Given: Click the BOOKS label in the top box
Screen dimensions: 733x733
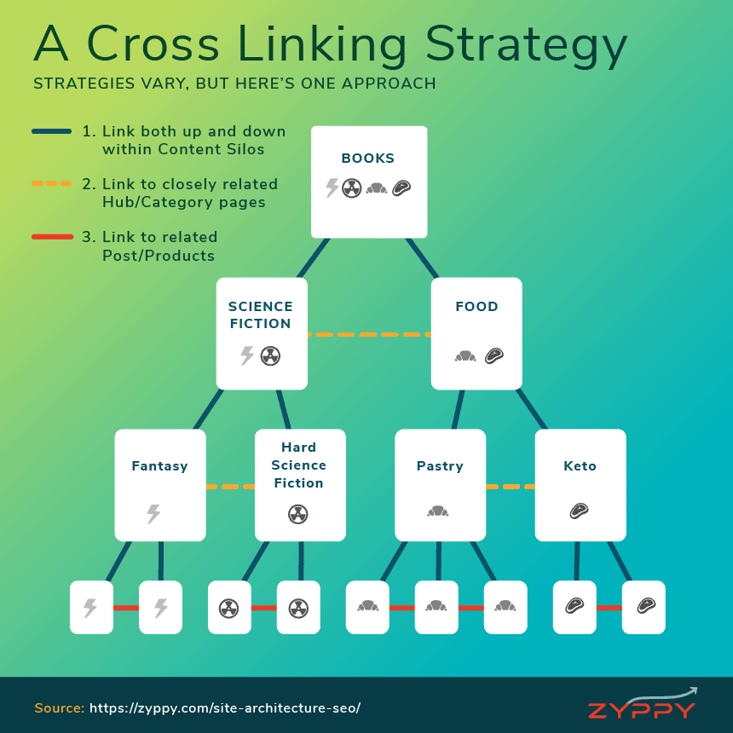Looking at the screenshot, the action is tap(368, 158).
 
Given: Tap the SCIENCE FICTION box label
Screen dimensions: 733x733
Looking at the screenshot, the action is tap(260, 315).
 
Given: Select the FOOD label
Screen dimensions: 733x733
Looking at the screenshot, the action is tap(476, 306).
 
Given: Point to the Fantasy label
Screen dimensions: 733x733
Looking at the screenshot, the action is tap(160, 465).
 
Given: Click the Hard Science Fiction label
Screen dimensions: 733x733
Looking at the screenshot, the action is tap(298, 465).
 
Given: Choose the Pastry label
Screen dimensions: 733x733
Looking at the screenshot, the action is tap(440, 465).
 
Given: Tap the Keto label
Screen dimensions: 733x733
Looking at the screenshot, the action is tap(580, 465).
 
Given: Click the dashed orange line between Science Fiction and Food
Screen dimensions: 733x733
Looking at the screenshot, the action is tap(369, 334).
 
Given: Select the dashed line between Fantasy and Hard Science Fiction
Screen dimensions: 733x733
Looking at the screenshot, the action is tap(230, 487).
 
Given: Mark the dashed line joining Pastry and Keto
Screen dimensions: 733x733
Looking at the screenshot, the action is tap(511, 487).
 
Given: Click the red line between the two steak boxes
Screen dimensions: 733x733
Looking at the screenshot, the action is tap(609, 608).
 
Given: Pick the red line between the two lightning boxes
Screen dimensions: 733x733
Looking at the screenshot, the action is tap(126, 608).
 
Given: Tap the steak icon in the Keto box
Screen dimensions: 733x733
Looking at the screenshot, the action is tap(580, 511).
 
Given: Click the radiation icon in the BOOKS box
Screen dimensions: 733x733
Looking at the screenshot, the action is tap(351, 188).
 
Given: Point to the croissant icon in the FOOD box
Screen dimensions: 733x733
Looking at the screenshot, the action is tap(465, 356).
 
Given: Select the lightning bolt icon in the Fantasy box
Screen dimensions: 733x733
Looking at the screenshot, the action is tap(153, 514).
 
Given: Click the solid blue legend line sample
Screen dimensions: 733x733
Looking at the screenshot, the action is tap(51, 131).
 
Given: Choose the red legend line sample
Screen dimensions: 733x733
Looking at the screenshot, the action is tap(52, 237).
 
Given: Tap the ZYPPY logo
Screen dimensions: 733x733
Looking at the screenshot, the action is tap(642, 704).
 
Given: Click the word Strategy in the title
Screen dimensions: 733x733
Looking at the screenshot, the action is tap(527, 45).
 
